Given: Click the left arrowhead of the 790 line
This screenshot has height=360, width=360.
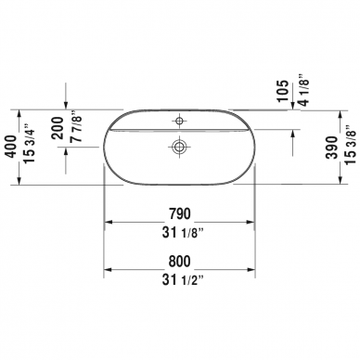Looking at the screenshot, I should (x=107, y=224).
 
